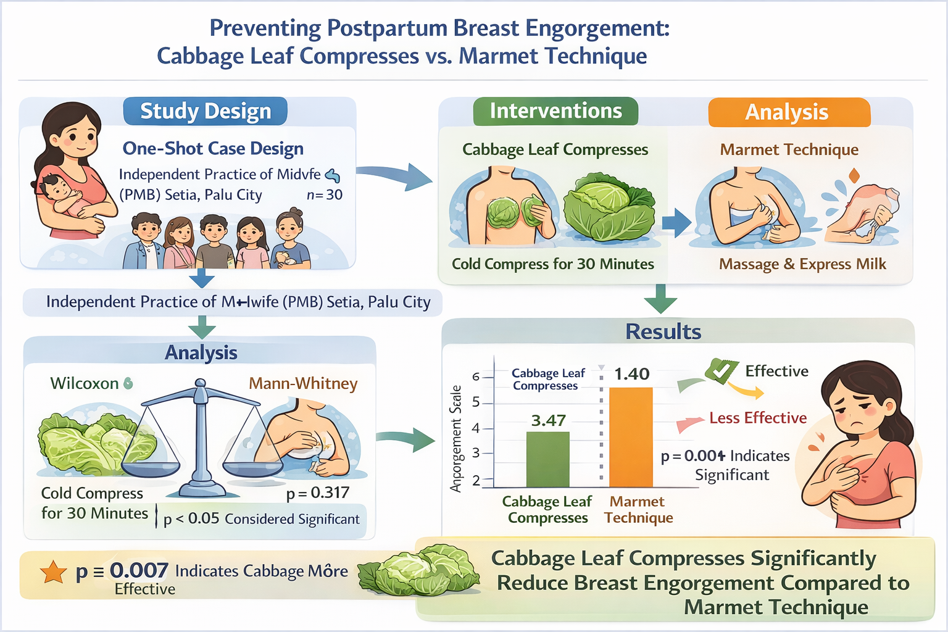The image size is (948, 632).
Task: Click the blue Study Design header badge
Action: coord(206,112)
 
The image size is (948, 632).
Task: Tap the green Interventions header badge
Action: coord(555,111)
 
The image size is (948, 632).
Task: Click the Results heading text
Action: coord(663,332)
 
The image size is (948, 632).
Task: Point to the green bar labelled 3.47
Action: coord(547,459)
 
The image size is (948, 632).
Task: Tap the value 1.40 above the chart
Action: coord(631,374)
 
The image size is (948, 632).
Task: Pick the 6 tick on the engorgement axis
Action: coord(476,376)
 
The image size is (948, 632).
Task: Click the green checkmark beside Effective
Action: coord(721,370)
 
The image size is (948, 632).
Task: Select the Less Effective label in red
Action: coord(758,418)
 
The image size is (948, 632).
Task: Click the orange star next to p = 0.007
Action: coord(54,572)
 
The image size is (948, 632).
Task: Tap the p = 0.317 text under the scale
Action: coord(317,493)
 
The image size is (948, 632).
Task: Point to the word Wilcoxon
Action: coord(85,383)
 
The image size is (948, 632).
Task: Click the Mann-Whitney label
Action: coord(303,383)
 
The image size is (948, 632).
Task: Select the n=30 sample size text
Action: coord(325,195)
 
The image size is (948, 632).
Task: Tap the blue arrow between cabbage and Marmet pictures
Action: coord(676,223)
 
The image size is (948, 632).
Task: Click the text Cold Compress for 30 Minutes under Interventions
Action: coord(552,264)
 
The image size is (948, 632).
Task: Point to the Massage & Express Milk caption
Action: coord(802,264)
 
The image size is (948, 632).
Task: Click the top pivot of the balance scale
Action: coord(200,384)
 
